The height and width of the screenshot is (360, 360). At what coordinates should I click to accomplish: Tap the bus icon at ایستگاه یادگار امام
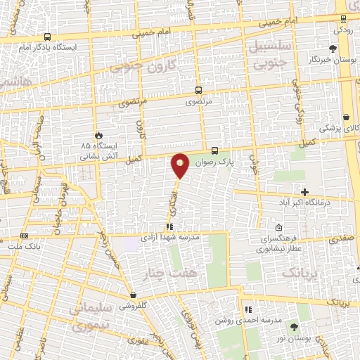point(47,37)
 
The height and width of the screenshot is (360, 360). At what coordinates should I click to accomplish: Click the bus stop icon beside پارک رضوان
point(214,150)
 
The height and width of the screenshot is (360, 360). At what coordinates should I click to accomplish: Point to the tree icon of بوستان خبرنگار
point(333,49)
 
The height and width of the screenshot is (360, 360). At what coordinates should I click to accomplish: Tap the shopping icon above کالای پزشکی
point(346,117)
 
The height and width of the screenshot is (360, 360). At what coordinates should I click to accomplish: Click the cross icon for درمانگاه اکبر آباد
point(304,192)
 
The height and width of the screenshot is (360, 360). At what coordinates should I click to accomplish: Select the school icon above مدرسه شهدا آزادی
point(169,227)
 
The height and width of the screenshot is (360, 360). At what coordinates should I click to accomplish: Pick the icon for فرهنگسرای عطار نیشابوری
point(279,228)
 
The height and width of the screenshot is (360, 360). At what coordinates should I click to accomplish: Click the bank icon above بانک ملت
point(25,236)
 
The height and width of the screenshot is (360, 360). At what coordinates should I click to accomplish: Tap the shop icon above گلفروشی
point(133,295)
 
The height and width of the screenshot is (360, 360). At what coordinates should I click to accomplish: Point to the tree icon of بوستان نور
point(294,328)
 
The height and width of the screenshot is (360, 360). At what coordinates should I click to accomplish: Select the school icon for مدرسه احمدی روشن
point(247,309)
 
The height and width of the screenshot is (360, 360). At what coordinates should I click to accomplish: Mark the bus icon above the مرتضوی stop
point(199,90)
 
